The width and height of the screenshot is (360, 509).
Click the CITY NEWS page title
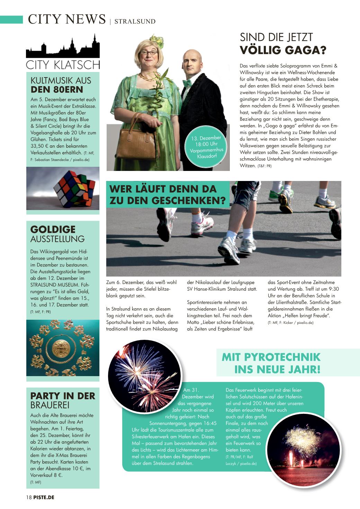tap(67, 19)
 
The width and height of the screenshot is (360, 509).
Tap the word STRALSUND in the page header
tap(135, 21)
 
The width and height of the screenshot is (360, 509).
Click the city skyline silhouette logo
tap(63, 46)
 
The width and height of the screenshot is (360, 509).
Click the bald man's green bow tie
tap(187, 83)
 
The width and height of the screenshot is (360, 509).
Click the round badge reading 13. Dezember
tap(207, 147)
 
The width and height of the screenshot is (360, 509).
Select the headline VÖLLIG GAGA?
tap(283, 50)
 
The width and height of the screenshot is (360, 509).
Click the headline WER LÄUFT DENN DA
tap(163, 189)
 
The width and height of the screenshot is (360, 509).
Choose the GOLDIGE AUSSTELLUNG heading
tap(57, 234)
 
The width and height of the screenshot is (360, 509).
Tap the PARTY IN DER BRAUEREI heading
tap(63, 400)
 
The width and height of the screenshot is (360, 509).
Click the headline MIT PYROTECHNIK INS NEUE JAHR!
tap(271, 363)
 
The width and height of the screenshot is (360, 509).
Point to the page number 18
tap(29, 497)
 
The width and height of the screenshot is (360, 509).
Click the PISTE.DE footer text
tap(44, 497)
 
